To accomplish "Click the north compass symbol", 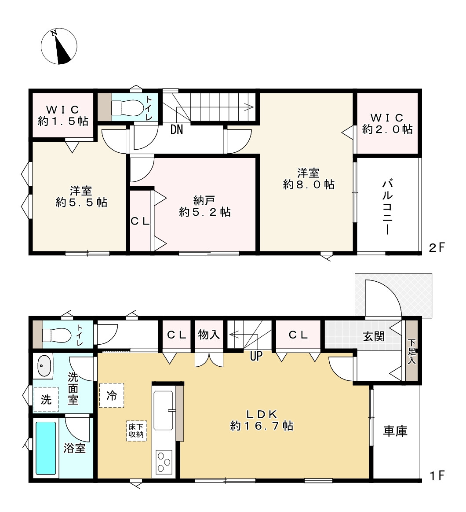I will (59, 46).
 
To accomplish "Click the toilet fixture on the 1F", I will (57, 335).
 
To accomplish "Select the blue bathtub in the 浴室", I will (46, 448).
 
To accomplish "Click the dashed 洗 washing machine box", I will (46, 399).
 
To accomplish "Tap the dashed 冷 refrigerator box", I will (112, 395).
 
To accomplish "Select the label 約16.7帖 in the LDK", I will (262, 426).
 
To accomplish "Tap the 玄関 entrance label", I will (374, 336).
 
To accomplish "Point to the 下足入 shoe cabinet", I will (411, 351).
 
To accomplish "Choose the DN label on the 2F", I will (177, 130).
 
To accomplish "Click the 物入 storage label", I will (209, 335).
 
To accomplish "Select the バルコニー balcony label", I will (387, 207).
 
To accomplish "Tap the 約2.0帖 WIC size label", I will (387, 129).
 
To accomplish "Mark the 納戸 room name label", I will (204, 201).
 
